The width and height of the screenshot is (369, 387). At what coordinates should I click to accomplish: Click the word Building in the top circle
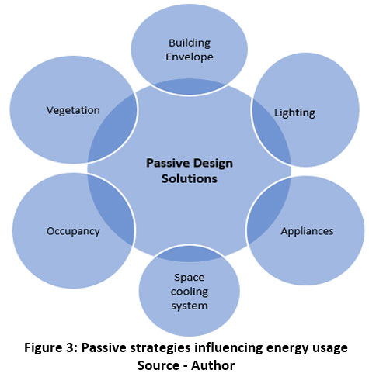coord(190,43)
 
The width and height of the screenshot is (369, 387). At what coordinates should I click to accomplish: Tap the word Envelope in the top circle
coord(190,57)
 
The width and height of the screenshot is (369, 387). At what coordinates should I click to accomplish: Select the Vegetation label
coord(73,111)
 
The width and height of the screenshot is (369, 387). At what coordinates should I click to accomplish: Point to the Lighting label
coord(294,113)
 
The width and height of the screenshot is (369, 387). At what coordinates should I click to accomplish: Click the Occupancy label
coord(73,231)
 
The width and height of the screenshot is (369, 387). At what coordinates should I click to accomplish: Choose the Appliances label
coord(307,231)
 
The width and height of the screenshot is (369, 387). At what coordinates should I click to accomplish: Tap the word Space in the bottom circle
coord(190,278)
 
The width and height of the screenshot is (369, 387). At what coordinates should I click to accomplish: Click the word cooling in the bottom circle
coord(190,292)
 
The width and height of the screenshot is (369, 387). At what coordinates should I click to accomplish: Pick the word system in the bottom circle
coord(190,306)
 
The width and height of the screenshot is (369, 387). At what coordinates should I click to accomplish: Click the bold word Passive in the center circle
coord(168,163)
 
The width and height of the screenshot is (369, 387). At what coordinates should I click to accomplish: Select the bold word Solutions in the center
coord(190,178)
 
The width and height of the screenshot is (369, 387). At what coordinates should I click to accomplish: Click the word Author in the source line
coord(213,365)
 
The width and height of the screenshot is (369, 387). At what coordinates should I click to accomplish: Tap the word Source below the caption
coord(158,365)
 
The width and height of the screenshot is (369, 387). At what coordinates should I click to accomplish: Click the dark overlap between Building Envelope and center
coord(190,87)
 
